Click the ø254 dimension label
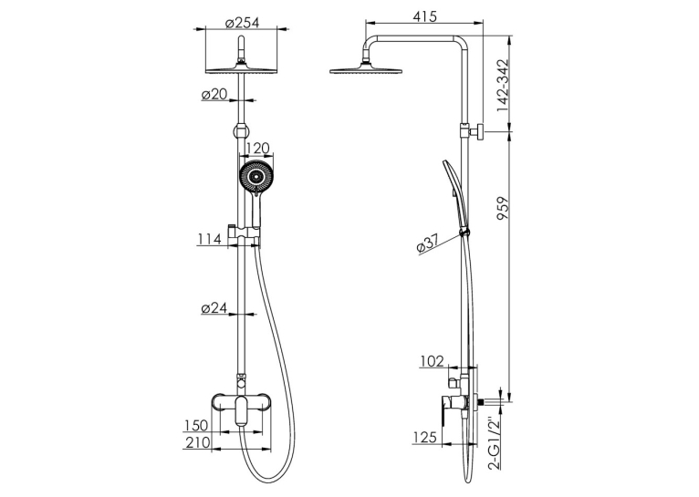(x=242, y=22)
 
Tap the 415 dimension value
(x=425, y=16)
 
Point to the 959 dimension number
(x=503, y=209)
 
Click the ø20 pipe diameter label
(x=214, y=95)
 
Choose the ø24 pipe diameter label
(x=214, y=307)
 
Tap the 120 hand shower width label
(x=257, y=148)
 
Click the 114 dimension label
(x=210, y=240)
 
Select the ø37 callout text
(x=428, y=243)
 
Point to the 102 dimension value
(x=432, y=361)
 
